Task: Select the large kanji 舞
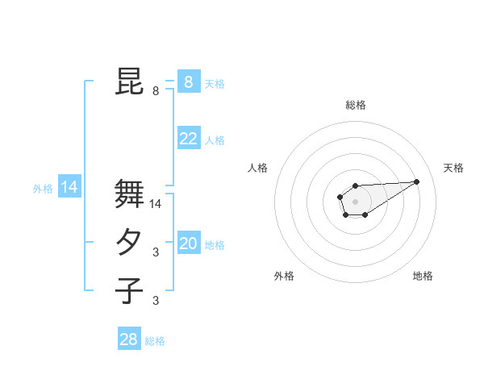point(129,194)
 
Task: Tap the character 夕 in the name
point(129,242)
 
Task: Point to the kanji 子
point(129,289)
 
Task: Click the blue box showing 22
point(188,139)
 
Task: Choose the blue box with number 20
point(188,244)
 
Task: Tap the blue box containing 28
point(128,339)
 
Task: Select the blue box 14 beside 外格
point(69,188)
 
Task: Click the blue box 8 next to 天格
point(188,81)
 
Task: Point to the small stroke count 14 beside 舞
point(156,205)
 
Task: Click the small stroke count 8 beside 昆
point(156,91)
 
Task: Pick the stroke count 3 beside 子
point(156,301)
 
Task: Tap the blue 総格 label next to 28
point(155,341)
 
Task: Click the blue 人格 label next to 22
point(215,140)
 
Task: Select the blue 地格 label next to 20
point(215,245)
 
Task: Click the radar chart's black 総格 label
point(356,105)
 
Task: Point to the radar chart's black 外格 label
point(284,276)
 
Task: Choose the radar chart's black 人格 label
point(257,168)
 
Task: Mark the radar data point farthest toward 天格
point(417,181)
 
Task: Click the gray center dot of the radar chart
point(355,201)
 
